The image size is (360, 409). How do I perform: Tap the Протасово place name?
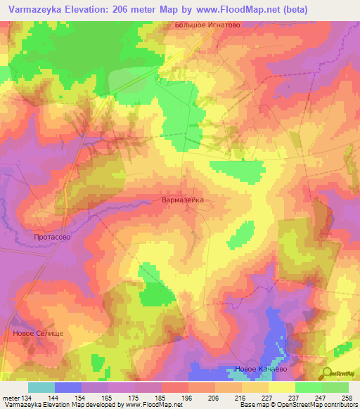click(53, 238)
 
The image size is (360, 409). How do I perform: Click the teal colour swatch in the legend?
click(41, 387)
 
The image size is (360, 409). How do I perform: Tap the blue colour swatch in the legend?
click(68, 387)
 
